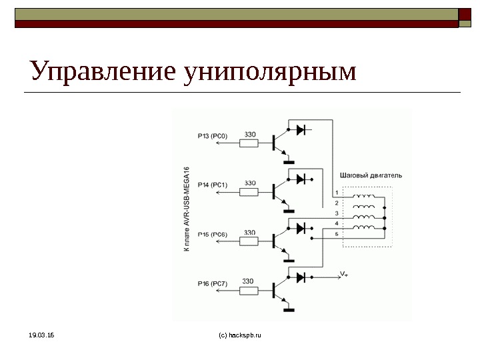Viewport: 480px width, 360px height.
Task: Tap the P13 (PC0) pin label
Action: pyautogui.click(x=213, y=136)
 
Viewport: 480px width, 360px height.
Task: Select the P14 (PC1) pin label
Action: pyautogui.click(x=213, y=185)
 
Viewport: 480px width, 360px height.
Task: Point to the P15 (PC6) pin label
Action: pyautogui.click(x=213, y=235)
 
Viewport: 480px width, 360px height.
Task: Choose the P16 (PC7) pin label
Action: pyautogui.click(x=213, y=283)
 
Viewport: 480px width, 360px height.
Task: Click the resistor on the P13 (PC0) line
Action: pyautogui.click(x=249, y=142)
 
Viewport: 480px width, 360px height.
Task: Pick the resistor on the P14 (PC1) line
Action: pyautogui.click(x=249, y=191)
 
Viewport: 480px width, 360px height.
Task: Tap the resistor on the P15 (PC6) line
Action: pyautogui.click(x=249, y=241)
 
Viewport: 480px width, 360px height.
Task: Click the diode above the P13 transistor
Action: pyautogui.click(x=301, y=129)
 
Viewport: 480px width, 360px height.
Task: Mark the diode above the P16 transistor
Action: pyautogui.click(x=301, y=277)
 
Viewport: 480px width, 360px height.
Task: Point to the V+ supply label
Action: pyautogui.click(x=344, y=274)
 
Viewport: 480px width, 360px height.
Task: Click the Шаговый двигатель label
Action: pyautogui.click(x=371, y=175)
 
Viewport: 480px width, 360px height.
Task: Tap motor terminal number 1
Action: pyautogui.click(x=337, y=192)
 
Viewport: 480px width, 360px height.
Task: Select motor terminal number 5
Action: pyautogui.click(x=337, y=233)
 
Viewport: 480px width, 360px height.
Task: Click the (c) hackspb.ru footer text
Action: pyautogui.click(x=240, y=335)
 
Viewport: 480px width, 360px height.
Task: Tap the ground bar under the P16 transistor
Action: pyautogui.click(x=289, y=309)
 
